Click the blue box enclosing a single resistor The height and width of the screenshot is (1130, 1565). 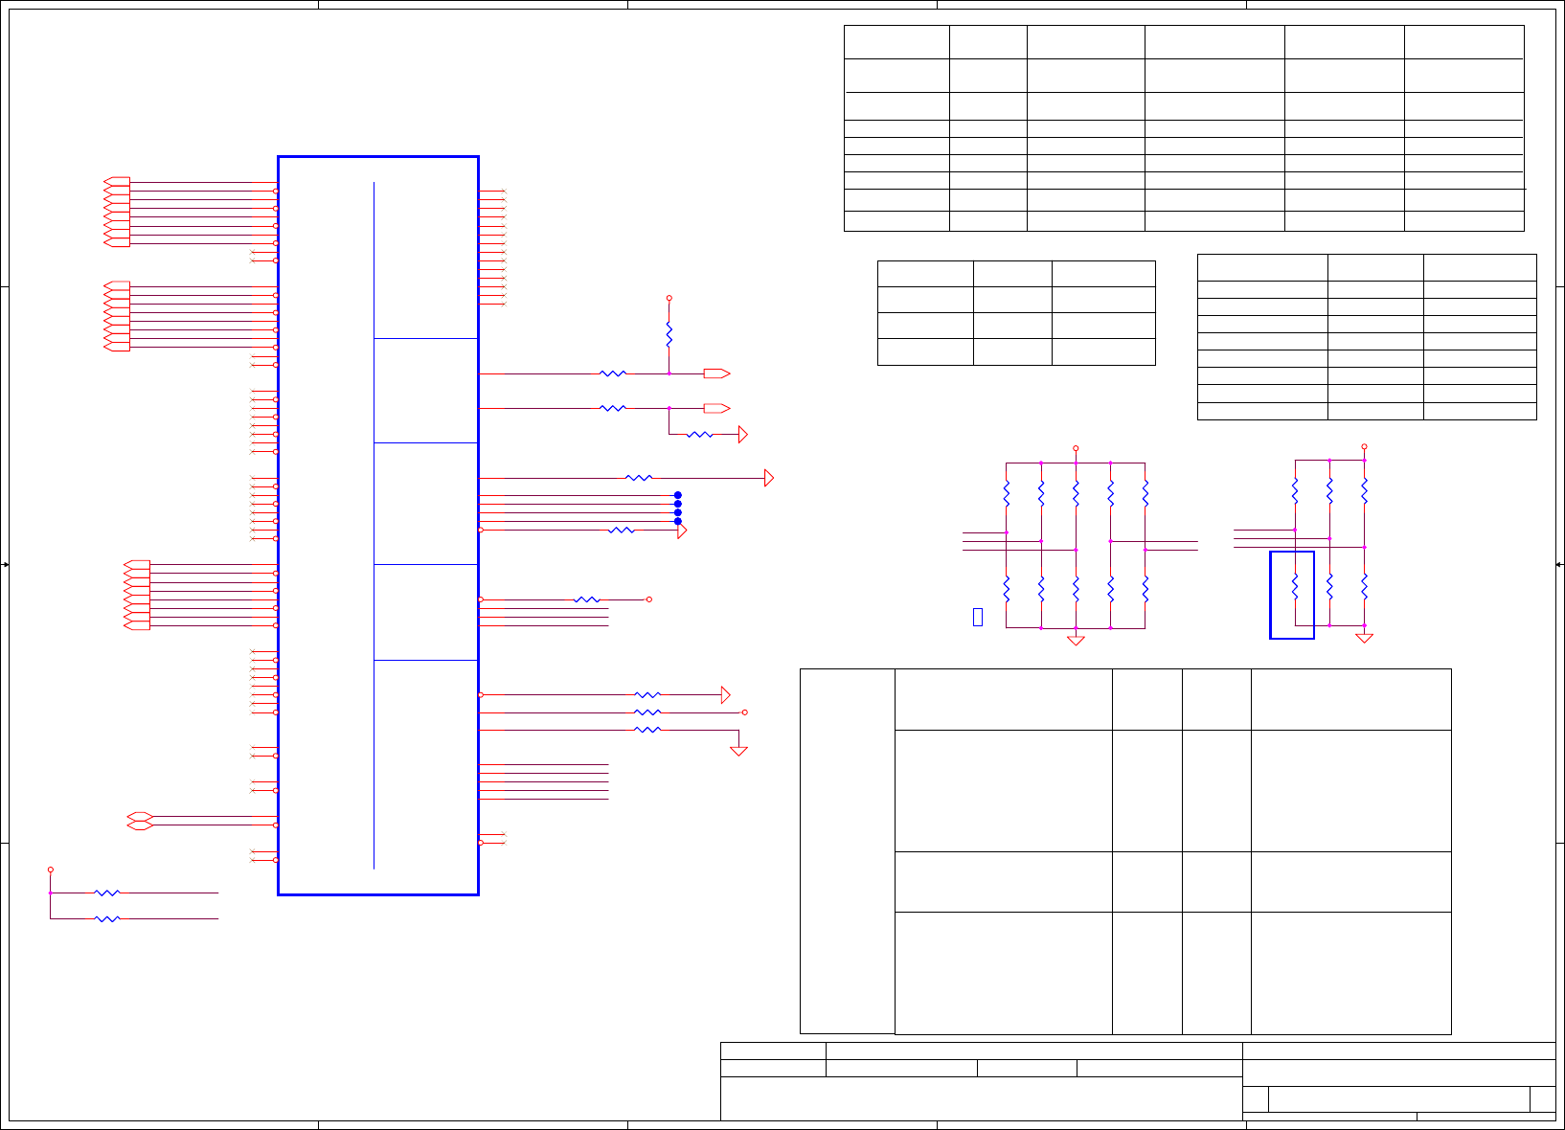[x=1292, y=595]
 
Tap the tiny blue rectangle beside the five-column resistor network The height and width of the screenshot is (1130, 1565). [x=977, y=617]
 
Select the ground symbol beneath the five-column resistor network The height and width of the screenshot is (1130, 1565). [x=1076, y=640]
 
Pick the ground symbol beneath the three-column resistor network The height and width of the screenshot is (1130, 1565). [x=1364, y=638]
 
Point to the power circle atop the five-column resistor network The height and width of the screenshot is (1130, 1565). [x=1076, y=448]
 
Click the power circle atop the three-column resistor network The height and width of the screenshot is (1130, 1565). [x=1364, y=446]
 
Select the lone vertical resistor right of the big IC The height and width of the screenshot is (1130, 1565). [x=669, y=335]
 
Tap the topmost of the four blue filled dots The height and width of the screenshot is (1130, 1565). [x=678, y=495]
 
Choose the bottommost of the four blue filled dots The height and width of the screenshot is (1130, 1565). [x=678, y=521]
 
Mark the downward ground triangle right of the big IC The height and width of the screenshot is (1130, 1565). [x=738, y=751]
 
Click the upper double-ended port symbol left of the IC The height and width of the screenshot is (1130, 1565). [x=140, y=816]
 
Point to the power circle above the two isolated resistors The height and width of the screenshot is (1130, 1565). [x=51, y=870]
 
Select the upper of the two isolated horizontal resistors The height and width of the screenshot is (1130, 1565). [x=107, y=893]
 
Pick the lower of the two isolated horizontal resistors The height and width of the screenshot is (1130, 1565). [x=107, y=918]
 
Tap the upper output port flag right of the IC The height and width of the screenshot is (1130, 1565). [x=716, y=373]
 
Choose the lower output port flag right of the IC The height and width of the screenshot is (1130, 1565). [x=716, y=408]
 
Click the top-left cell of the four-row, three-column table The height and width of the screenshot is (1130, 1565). [x=925, y=274]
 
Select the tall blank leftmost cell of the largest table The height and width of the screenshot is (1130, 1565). [x=847, y=850]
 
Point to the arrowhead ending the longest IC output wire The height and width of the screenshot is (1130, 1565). [x=768, y=478]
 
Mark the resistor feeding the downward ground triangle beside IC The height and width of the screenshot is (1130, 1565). [x=647, y=730]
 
